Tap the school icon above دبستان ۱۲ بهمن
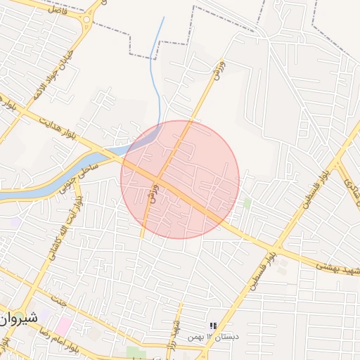tap(212, 326)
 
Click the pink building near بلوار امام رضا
tap(65, 326)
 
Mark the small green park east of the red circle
tap(247, 202)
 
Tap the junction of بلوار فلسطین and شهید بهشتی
tap(276, 250)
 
